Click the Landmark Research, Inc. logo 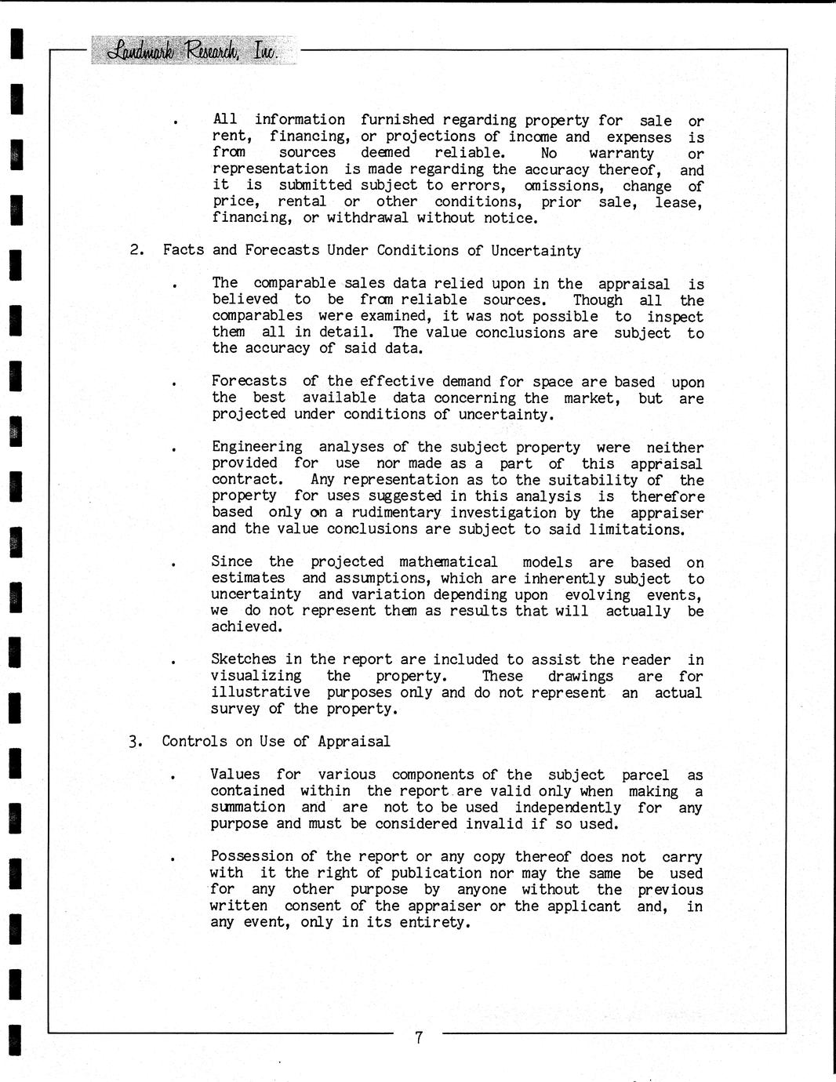tap(194, 50)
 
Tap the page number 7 tap(419, 1038)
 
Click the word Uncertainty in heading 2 tap(536, 250)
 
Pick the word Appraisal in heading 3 tap(354, 741)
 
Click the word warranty tap(621, 153)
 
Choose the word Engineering tap(256, 447)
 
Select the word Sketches tap(243, 659)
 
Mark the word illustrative tap(260, 692)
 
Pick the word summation tap(248, 807)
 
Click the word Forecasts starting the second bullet tap(249, 381)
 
